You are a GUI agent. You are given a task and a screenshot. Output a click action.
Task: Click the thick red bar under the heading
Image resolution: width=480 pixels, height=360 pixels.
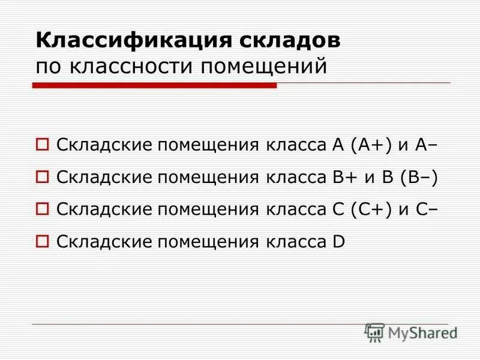(x=154, y=86)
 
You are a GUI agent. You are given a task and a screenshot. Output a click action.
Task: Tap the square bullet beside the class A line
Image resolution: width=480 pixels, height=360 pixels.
(x=42, y=144)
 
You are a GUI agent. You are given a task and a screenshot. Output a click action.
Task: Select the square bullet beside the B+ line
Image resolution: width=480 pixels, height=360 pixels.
(x=42, y=176)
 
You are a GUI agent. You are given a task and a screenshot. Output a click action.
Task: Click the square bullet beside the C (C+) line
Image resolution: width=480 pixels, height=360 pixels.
(x=42, y=209)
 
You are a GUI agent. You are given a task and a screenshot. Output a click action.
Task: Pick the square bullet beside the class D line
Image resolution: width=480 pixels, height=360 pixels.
(x=42, y=241)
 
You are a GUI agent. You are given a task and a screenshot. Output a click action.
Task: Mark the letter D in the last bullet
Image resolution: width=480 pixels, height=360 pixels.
(x=338, y=242)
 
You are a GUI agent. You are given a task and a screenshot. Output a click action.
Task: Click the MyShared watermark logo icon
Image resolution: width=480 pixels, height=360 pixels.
(x=374, y=332)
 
